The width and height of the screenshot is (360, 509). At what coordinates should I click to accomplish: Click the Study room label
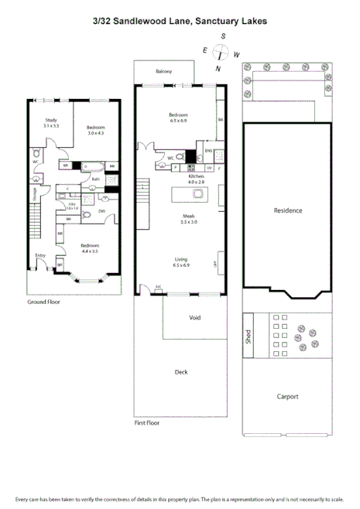click(51, 121)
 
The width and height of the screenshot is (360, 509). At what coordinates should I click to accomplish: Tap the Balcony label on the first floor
click(163, 71)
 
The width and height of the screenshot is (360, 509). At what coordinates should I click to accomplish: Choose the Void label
click(195, 318)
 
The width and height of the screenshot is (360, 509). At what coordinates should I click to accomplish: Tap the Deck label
click(181, 372)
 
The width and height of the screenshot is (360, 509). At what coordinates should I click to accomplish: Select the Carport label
click(288, 397)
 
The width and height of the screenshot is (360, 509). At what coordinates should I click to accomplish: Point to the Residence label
click(288, 210)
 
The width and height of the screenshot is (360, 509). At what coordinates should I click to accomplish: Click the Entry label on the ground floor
click(40, 256)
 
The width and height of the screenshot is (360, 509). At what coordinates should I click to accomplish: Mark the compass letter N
click(218, 69)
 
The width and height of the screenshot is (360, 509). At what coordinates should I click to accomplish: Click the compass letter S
click(223, 36)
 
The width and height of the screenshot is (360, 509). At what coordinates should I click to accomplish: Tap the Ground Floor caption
click(43, 302)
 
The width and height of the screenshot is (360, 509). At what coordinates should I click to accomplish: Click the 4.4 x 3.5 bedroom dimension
click(88, 251)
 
